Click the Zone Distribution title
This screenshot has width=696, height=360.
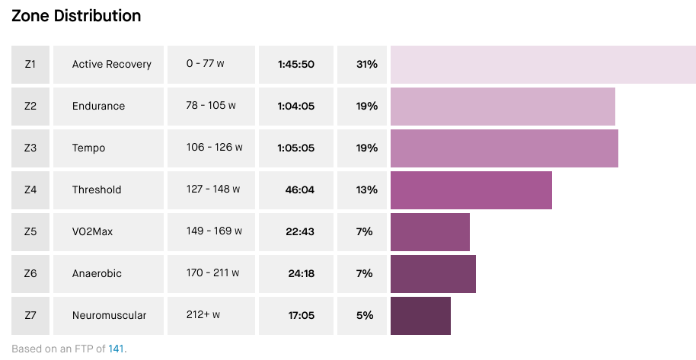76,15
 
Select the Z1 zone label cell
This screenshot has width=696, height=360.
30,65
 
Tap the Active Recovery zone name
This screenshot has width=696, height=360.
111,65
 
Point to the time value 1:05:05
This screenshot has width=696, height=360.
296,148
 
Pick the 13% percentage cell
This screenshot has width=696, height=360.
366,190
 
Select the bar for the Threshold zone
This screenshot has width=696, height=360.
471,190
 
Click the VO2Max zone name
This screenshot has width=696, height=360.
92,232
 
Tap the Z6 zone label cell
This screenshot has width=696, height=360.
30,274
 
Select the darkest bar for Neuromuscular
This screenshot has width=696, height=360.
420,316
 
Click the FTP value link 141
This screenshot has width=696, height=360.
116,349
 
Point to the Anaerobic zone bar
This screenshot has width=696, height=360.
433,274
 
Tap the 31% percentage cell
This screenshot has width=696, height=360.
366,65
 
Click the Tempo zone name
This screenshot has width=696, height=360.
88,148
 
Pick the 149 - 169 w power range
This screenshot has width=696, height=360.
214,231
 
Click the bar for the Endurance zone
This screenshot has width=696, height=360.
503,107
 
